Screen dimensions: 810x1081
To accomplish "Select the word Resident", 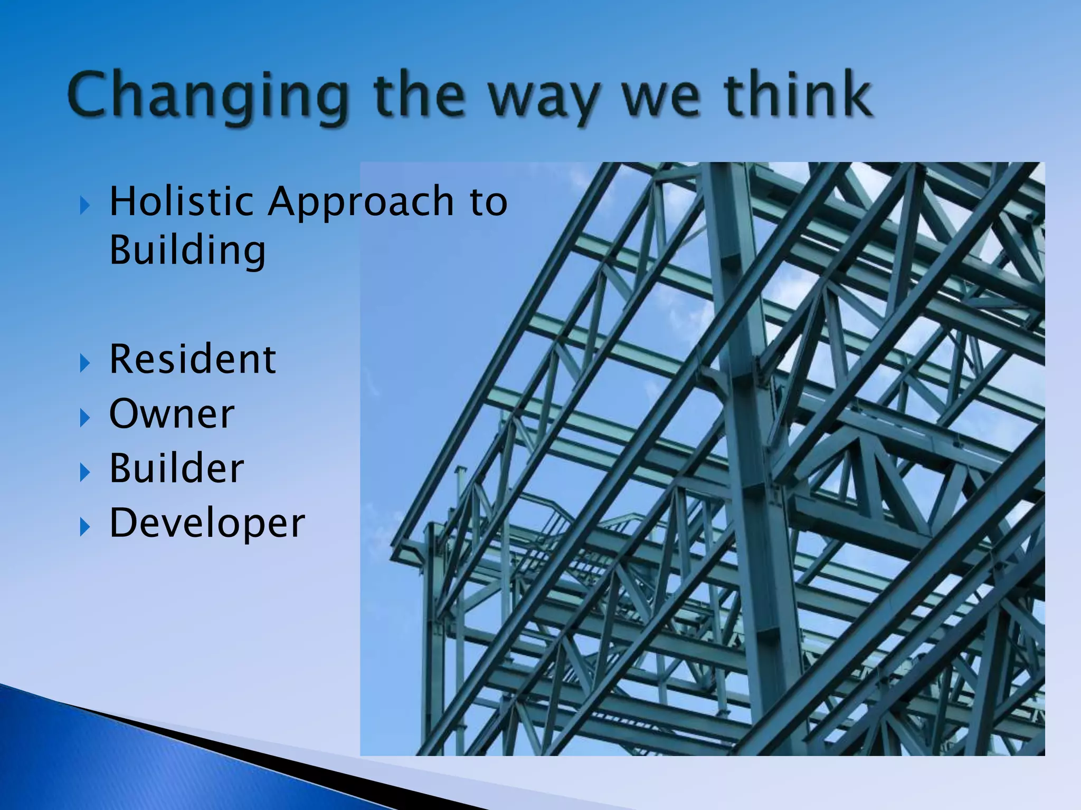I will tap(192, 359).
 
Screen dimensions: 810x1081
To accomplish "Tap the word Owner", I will tap(172, 414).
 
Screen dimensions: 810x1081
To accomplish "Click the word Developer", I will tap(207, 524).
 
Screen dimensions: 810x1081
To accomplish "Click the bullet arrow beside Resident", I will tap(84, 363).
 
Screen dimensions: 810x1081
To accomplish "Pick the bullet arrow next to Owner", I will tap(84, 418).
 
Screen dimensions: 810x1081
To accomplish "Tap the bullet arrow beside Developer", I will tap(84, 527).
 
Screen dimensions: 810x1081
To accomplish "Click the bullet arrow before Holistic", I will tap(84, 205).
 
